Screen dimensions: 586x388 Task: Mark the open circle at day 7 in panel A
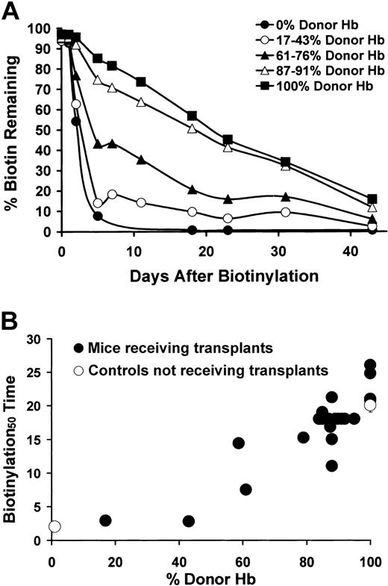click(112, 194)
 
